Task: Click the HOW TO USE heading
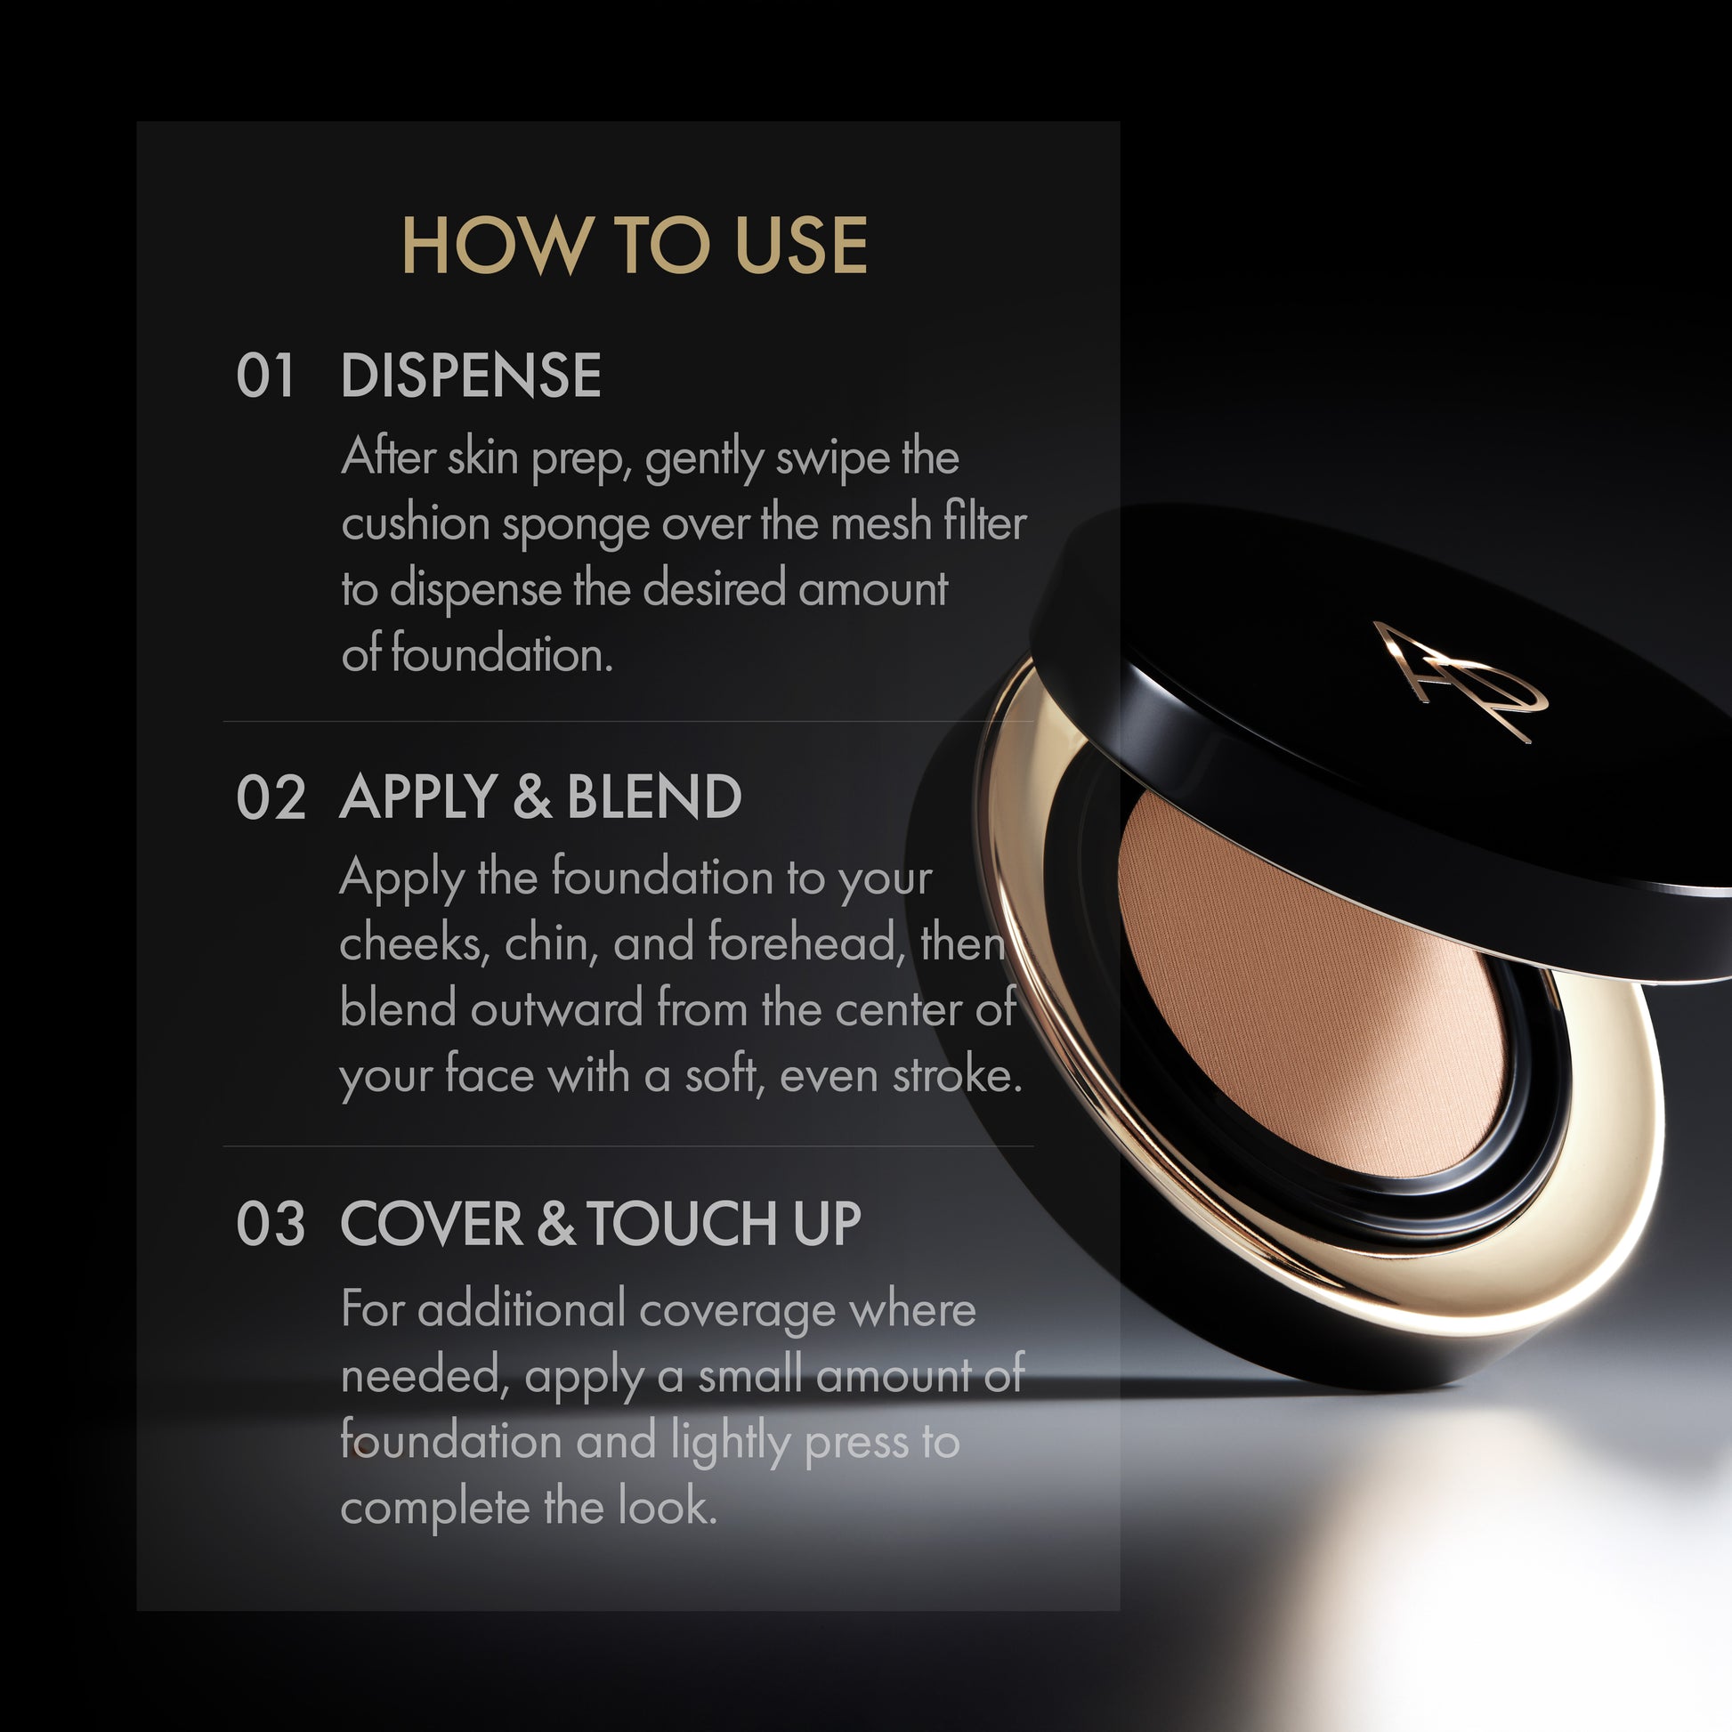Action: tap(634, 245)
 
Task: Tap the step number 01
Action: tap(265, 376)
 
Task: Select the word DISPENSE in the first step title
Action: tap(471, 376)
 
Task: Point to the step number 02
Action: tap(271, 797)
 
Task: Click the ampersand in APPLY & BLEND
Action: tap(532, 797)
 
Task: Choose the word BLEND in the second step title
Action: tap(653, 797)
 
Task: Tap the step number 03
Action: tap(271, 1224)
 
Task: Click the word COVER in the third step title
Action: tap(431, 1224)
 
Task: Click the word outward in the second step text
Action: tap(557, 1009)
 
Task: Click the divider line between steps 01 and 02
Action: tap(627, 722)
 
